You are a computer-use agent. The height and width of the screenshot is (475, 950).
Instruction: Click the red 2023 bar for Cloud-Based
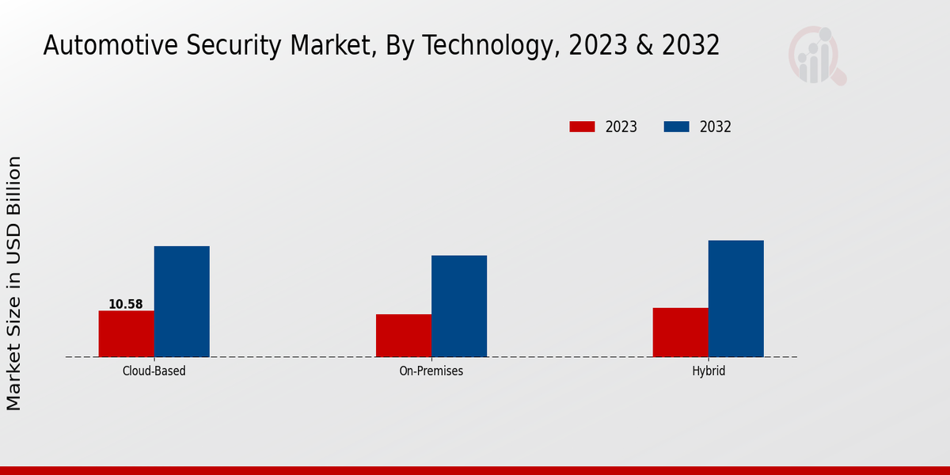click(x=126, y=333)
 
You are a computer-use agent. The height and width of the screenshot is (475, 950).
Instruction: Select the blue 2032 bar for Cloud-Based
click(x=181, y=301)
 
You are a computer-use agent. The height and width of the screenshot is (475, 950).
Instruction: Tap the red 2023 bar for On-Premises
click(x=404, y=335)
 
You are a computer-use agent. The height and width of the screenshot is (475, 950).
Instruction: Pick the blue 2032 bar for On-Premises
click(x=459, y=306)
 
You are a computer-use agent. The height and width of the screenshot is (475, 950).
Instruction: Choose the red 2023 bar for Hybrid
click(x=680, y=332)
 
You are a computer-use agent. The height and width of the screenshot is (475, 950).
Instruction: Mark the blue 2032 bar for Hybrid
click(x=735, y=298)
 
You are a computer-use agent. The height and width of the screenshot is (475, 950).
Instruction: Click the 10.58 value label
click(x=126, y=304)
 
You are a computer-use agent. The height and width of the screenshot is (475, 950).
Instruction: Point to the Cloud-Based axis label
click(x=154, y=370)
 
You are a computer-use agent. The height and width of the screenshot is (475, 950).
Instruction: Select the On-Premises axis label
click(x=431, y=370)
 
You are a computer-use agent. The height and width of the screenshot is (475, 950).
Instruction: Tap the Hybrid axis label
click(x=709, y=370)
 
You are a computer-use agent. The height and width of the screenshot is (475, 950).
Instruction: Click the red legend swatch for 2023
click(x=582, y=127)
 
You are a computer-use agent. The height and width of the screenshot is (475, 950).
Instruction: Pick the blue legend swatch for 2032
click(x=676, y=127)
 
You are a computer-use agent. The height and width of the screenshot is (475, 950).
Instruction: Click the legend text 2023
click(x=621, y=127)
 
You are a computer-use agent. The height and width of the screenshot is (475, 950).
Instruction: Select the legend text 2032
click(x=716, y=127)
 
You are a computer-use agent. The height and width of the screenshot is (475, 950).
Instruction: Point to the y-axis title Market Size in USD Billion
click(x=14, y=283)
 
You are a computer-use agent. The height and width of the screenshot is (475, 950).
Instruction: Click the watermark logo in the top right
click(x=816, y=55)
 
